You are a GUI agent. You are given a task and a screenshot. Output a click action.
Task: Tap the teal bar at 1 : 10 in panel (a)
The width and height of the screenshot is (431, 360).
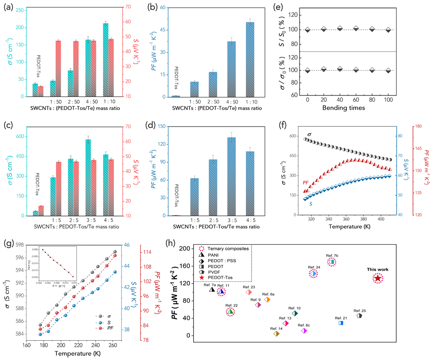[x=105, y=60]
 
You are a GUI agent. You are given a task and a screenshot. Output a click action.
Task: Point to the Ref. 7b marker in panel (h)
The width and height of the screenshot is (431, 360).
[x=332, y=262]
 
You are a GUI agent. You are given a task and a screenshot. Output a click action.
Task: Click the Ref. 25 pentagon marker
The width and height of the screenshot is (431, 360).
[x=359, y=315]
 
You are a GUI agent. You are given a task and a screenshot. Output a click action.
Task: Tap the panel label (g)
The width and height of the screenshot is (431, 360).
[x=9, y=243]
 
